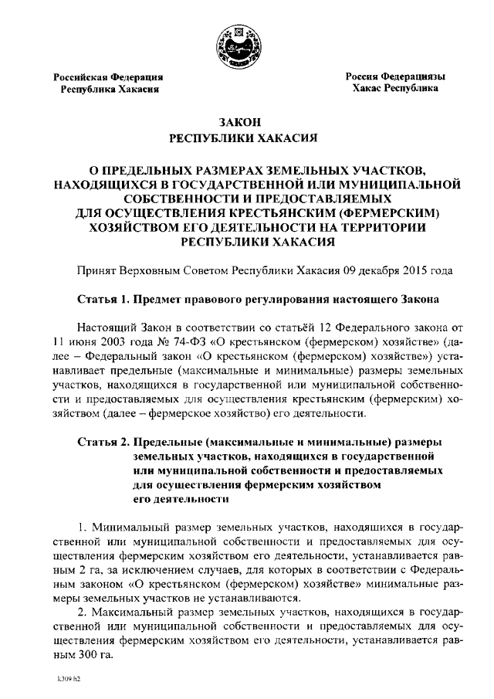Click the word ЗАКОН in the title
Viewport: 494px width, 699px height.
[242, 122]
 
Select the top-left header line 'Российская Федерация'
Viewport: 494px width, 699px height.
[107, 76]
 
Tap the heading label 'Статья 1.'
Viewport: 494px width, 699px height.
[103, 298]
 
